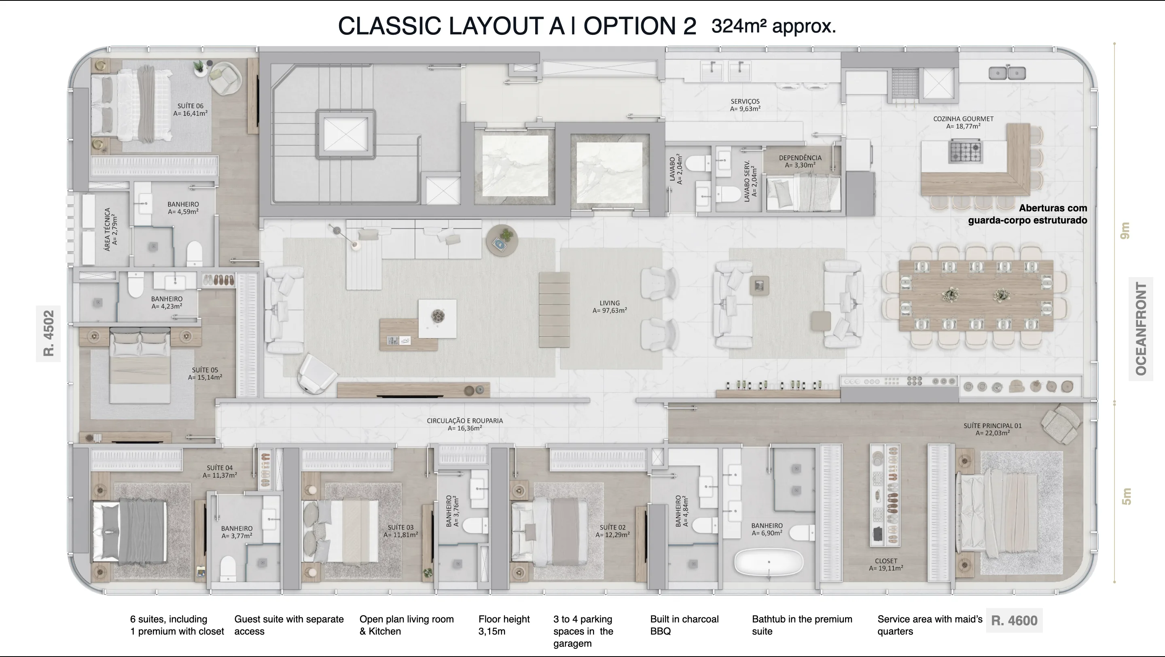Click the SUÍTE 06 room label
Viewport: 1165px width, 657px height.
191,109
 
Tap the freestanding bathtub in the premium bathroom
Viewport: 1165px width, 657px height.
769,562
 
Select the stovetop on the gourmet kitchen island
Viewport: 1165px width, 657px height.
965,151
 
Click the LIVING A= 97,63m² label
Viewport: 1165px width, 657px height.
610,307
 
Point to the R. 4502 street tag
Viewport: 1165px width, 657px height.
49,333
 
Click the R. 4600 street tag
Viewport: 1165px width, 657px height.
1014,620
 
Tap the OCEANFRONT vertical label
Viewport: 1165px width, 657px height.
1141,329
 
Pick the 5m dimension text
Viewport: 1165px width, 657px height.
1126,496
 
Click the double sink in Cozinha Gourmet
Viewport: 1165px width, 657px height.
1007,73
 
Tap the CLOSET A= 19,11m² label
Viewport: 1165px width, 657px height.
886,564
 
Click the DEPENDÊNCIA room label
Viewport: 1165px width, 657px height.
800,161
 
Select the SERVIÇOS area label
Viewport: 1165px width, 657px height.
745,105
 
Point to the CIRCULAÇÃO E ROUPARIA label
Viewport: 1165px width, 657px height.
465,424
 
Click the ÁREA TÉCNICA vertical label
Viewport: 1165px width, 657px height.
111,229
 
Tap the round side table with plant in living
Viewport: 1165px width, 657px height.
502,240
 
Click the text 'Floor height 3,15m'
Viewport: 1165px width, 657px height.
504,625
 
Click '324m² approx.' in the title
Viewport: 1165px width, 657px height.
774,26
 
